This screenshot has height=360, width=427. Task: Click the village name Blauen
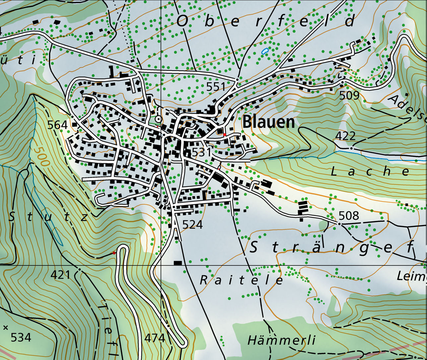click(x=269, y=122)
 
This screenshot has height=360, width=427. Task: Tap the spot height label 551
click(x=216, y=87)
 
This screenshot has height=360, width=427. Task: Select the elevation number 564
click(x=57, y=125)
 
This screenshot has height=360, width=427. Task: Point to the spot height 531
click(x=201, y=152)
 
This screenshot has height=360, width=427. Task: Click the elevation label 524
click(x=192, y=225)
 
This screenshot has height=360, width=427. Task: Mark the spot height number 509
click(x=349, y=96)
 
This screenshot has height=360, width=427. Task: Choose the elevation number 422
click(x=345, y=136)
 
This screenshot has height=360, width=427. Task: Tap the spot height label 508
click(x=349, y=216)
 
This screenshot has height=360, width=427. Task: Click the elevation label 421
click(x=60, y=275)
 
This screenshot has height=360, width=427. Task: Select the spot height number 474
click(x=155, y=338)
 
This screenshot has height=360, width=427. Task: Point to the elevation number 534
click(x=21, y=337)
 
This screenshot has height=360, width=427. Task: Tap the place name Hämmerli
click(x=281, y=340)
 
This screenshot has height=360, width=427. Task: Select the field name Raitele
click(x=242, y=280)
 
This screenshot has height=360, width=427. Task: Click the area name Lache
click(x=370, y=171)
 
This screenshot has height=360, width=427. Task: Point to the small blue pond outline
click(x=264, y=51)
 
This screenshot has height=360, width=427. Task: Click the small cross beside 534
click(x=5, y=328)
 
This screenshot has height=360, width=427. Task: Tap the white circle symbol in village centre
click(x=158, y=119)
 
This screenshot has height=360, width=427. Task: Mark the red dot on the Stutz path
click(x=114, y=253)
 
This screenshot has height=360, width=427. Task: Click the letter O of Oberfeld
click(x=183, y=21)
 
